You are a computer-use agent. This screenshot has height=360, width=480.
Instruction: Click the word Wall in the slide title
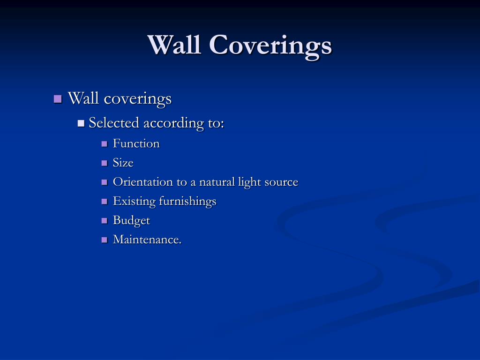click(x=174, y=45)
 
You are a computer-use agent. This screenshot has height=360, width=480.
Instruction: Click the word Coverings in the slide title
click(x=270, y=47)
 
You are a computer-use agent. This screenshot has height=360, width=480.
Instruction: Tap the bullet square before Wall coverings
click(x=58, y=99)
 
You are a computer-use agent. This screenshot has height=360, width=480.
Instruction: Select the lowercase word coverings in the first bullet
click(x=137, y=99)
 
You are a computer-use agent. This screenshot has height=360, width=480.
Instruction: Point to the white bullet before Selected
click(x=81, y=123)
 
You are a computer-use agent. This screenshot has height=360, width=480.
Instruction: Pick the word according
click(x=173, y=123)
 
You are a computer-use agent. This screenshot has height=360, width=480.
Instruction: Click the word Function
click(x=136, y=143)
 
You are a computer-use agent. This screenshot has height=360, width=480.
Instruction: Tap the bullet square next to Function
click(x=105, y=144)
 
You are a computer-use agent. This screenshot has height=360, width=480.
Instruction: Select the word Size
click(x=123, y=163)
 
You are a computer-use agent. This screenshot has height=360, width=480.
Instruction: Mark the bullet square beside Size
click(x=105, y=163)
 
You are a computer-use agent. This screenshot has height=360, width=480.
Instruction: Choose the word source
click(x=281, y=182)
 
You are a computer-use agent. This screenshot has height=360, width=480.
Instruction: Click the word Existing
click(x=134, y=202)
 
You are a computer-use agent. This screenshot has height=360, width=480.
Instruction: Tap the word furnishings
click(x=187, y=202)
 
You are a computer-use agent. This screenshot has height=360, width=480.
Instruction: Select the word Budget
click(x=131, y=220)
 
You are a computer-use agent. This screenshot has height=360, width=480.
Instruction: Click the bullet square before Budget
click(x=105, y=221)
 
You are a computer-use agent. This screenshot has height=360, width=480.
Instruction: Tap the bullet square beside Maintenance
click(x=105, y=240)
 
